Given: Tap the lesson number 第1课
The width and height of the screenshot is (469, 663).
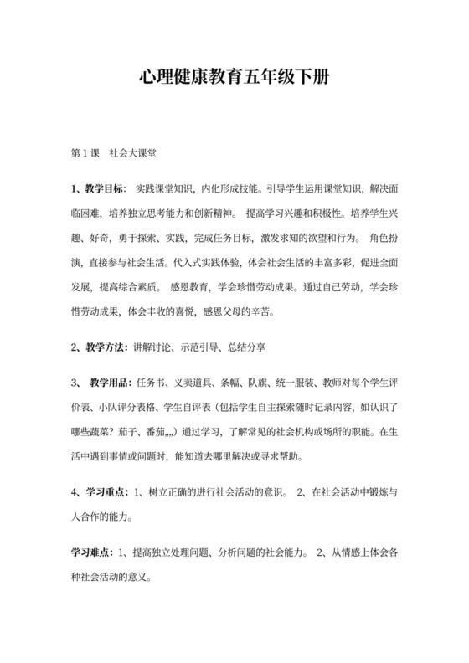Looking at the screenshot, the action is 86,155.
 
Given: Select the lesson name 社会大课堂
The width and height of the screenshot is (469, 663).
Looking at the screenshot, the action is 134,155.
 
